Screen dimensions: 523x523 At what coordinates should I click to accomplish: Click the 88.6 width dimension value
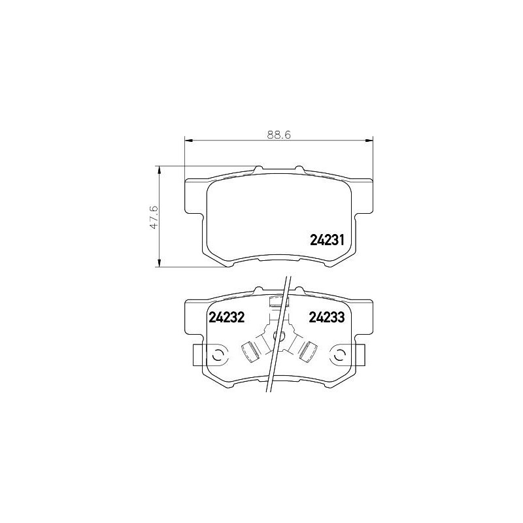(x=279, y=135)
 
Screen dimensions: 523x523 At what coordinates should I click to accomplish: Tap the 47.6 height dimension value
(x=154, y=217)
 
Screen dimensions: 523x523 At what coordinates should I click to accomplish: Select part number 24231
(x=327, y=239)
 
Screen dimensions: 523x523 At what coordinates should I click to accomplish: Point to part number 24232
(x=226, y=317)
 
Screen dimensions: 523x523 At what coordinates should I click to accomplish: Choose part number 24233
(x=326, y=317)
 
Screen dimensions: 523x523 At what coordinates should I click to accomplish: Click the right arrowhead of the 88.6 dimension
(x=369, y=141)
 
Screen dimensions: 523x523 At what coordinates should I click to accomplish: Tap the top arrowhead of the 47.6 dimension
(x=160, y=170)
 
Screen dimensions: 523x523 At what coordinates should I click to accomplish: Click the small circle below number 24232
(x=218, y=356)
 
